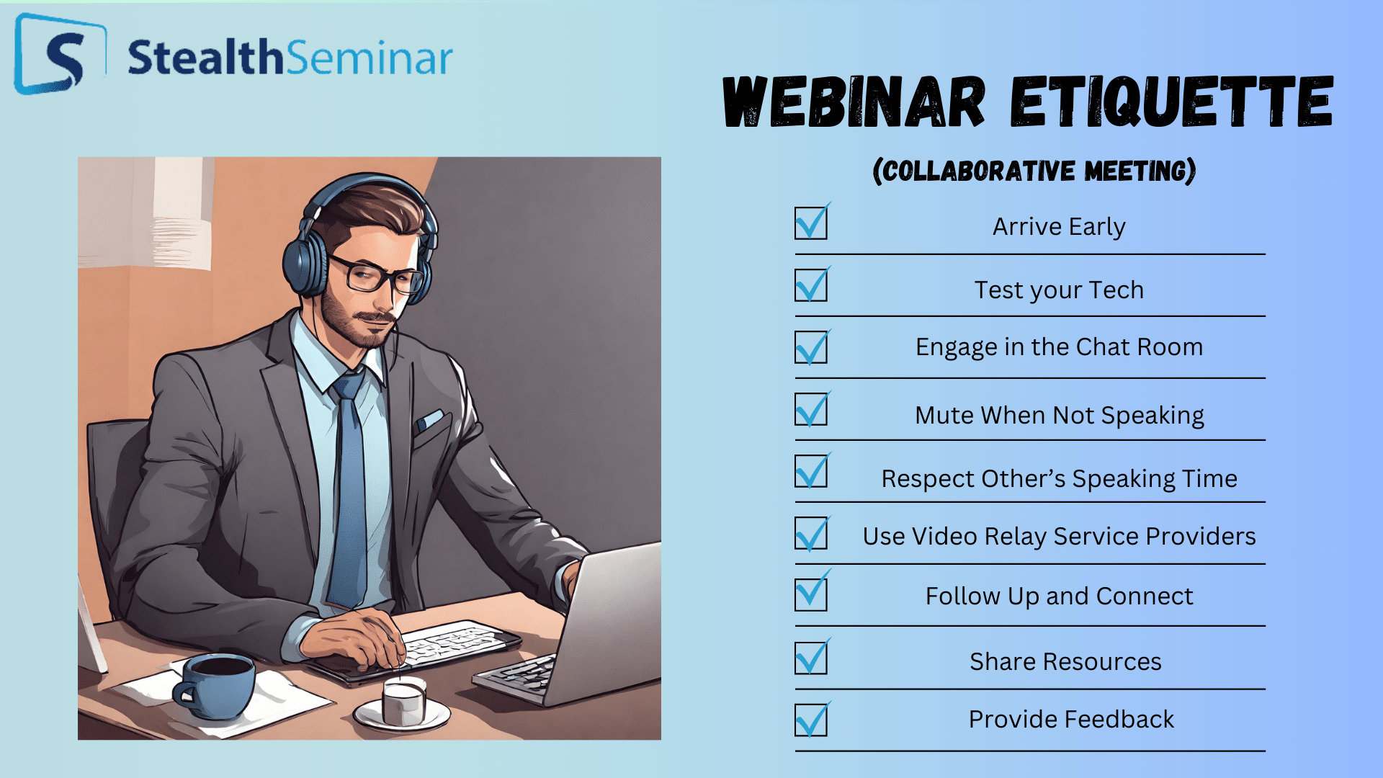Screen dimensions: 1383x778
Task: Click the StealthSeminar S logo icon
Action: pos(61,55)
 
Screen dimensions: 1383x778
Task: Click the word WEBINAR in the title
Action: pos(854,102)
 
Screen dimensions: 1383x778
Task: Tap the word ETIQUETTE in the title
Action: pos(1172,102)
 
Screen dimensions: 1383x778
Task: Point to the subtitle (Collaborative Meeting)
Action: pos(1034,171)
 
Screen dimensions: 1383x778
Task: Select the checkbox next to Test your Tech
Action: pos(812,285)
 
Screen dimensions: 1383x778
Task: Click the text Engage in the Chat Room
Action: pos(1059,347)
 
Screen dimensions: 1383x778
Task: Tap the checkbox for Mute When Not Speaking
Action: pos(812,408)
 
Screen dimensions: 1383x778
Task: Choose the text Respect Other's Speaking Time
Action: pos(1059,478)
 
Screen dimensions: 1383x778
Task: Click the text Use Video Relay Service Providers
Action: pos(1059,536)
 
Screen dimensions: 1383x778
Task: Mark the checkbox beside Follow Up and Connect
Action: pos(812,593)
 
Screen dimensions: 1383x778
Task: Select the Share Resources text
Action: pos(1065,661)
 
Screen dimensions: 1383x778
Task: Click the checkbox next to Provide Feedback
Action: pos(812,719)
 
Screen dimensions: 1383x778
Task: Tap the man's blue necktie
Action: pos(349,490)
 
